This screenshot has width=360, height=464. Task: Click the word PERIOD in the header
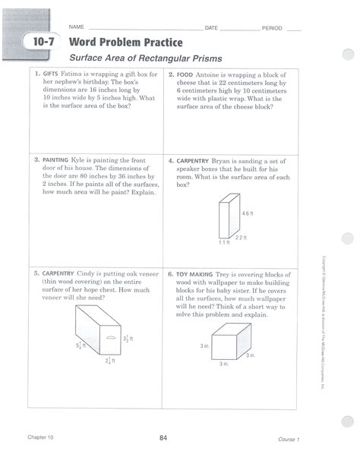click(272, 28)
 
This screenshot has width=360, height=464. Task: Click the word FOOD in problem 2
click(185, 76)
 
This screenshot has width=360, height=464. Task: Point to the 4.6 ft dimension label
click(247, 213)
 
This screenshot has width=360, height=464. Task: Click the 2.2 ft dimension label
click(241, 238)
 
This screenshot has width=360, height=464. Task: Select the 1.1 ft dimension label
click(224, 243)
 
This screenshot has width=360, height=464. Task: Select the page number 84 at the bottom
click(163, 438)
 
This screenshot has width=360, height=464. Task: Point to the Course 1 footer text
click(289, 439)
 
